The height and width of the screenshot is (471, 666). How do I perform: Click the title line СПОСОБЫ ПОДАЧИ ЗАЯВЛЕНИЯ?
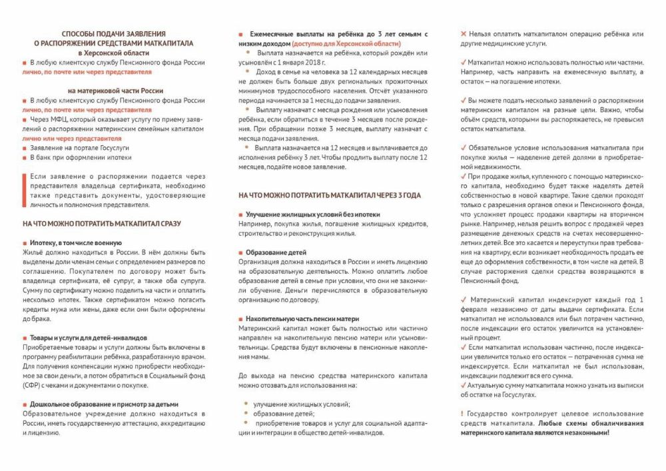[113, 33]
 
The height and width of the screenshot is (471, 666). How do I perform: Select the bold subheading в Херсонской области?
[113, 52]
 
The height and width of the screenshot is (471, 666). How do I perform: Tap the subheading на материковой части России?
[113, 90]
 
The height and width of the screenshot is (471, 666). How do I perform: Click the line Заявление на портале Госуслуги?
[79, 148]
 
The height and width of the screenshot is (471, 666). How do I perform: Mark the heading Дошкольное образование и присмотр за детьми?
[104, 404]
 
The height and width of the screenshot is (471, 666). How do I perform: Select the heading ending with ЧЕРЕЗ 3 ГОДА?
[330, 196]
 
